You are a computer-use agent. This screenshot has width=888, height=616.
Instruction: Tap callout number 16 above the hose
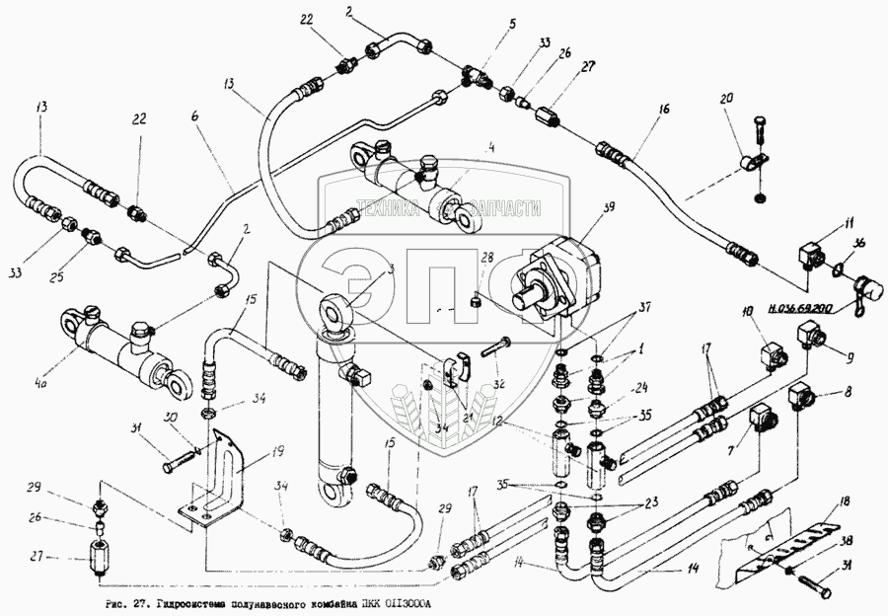(x=664, y=108)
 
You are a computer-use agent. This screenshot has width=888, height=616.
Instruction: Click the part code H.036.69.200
(x=794, y=308)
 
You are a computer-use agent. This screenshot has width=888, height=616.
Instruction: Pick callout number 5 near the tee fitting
(x=510, y=45)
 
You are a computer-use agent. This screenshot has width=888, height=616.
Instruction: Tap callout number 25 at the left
(x=85, y=267)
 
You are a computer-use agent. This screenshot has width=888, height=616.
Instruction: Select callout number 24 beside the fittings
(x=641, y=387)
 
